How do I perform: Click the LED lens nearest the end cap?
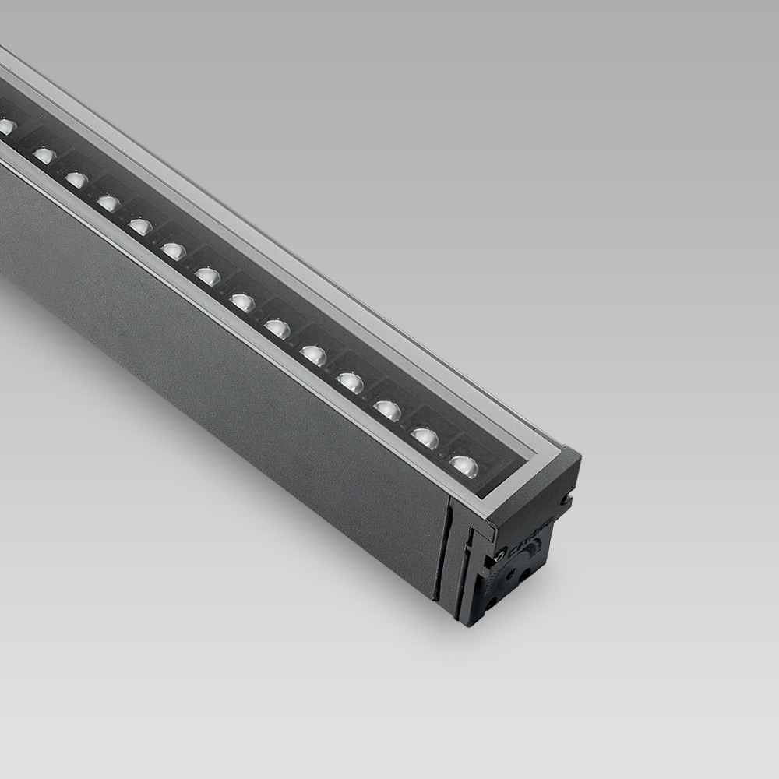tap(464, 466)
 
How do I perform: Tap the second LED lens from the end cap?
tap(425, 438)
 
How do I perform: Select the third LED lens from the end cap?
tap(387, 410)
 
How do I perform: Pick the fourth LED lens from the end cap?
tap(350, 382)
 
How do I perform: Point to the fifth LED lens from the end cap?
tap(313, 354)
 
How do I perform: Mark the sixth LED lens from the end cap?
tap(277, 328)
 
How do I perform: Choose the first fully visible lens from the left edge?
tap(44, 155)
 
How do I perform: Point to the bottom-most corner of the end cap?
tap(466, 623)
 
